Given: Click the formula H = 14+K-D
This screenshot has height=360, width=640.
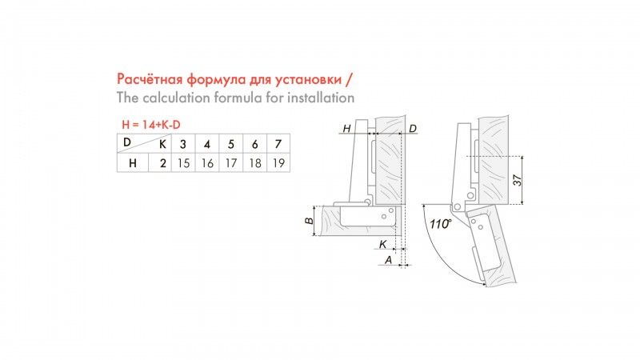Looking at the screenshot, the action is click(151, 125).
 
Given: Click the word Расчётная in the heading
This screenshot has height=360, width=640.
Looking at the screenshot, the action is click(150, 78).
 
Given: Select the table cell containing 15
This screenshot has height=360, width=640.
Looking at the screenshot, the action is click(183, 163).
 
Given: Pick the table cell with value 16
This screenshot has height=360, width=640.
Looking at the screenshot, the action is click(207, 163).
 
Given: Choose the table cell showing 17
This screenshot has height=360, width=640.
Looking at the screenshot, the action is click(231, 163).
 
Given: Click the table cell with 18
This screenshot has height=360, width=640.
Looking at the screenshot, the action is click(255, 163).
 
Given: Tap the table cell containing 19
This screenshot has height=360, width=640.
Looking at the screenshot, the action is click(278, 163).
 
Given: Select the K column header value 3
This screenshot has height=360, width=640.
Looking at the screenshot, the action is click(183, 144).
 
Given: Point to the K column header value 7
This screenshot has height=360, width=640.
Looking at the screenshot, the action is click(278, 144).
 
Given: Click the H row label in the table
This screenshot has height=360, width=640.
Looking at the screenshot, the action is click(133, 163).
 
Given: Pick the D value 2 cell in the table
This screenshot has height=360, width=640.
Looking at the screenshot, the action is click(163, 163).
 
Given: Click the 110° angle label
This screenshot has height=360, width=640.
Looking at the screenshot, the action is click(441, 224).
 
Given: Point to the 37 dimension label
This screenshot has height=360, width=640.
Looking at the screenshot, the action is click(518, 179).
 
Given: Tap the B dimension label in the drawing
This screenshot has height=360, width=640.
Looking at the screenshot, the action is click(310, 221).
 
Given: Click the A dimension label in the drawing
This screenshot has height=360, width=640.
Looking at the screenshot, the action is click(388, 259).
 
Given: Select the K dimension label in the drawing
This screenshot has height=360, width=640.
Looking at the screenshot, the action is click(383, 244).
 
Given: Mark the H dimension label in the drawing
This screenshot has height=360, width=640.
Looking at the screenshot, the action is click(346, 129).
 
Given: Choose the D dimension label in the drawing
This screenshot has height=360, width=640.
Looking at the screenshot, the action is click(413, 129).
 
